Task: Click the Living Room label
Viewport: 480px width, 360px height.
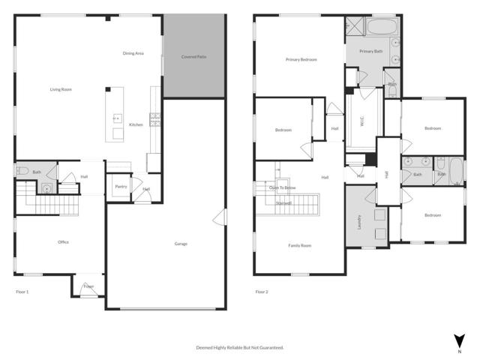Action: (61, 89)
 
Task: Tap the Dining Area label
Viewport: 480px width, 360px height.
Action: (133, 53)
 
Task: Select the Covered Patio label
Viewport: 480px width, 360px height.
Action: (194, 57)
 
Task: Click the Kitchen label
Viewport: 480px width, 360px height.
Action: (136, 124)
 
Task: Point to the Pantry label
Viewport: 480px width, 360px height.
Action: (119, 187)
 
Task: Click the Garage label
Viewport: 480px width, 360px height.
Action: (181, 244)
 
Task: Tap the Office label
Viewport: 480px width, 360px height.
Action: (64, 242)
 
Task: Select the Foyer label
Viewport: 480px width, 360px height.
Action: (88, 286)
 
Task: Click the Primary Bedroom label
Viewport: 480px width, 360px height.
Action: (301, 59)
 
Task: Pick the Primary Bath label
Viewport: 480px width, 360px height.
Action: (370, 51)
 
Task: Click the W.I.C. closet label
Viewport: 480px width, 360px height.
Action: (362, 121)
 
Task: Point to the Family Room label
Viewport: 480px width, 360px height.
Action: (299, 245)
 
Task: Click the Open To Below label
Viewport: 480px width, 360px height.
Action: (282, 188)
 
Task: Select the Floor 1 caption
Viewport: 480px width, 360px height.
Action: (22, 291)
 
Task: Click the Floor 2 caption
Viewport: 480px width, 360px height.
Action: (261, 291)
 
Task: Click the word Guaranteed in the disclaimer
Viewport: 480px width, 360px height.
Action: (270, 348)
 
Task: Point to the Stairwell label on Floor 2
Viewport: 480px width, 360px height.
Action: (283, 202)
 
